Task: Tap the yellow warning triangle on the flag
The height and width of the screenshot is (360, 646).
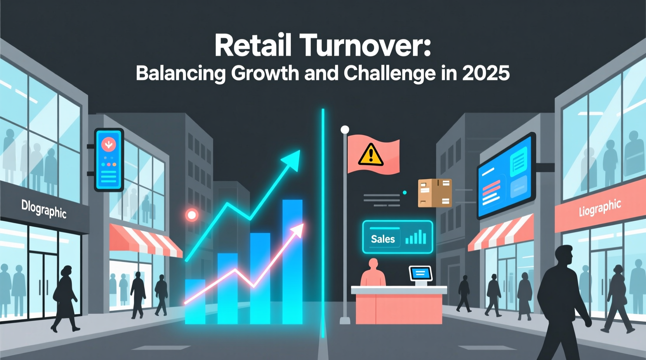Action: point(371,154)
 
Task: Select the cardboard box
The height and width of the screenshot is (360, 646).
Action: point(435,192)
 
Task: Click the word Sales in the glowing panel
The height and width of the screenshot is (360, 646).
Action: point(383,239)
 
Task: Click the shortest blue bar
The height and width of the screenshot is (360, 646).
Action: point(195,301)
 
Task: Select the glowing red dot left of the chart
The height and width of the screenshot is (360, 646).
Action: point(192,215)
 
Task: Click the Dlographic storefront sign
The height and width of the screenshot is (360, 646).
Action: point(44,209)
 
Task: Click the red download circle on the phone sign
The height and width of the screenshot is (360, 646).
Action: point(109,145)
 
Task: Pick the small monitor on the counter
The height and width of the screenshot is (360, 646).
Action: point(420,274)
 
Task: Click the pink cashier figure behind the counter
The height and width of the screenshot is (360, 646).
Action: point(373,273)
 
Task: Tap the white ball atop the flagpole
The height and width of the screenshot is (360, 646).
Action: point(345,130)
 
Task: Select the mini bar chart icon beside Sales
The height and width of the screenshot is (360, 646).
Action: point(416,237)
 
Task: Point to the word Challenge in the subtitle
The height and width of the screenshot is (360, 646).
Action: point(389,73)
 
